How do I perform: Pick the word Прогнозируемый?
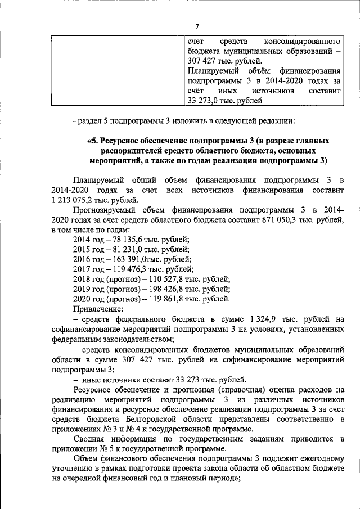106,210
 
